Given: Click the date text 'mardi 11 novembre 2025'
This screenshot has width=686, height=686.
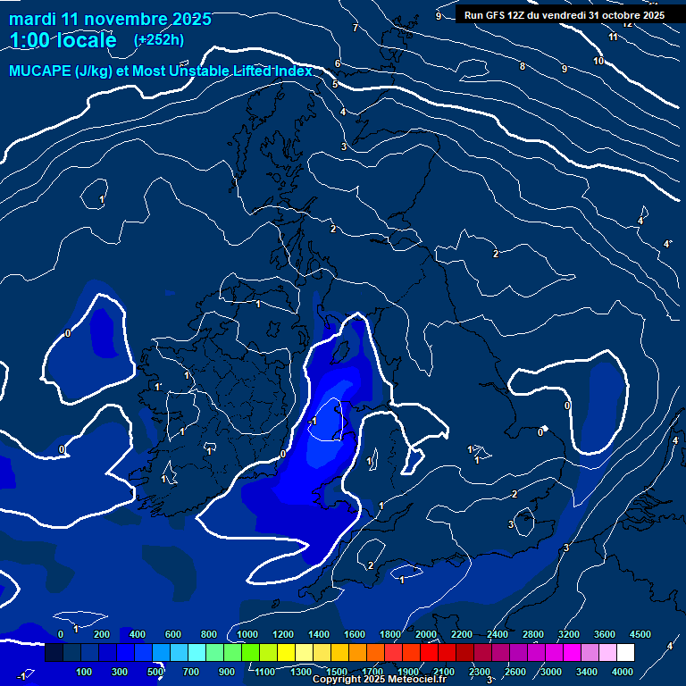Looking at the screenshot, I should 111,19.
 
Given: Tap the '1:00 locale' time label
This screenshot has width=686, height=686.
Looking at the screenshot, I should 63,40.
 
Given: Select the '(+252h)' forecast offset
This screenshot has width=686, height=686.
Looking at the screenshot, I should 159,39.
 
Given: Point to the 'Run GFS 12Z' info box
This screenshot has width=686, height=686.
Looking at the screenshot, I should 564,14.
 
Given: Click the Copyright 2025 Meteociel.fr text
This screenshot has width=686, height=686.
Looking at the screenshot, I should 379,679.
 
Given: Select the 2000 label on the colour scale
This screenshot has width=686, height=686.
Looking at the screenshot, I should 426,634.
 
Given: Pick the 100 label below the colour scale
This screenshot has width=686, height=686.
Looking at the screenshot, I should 85,672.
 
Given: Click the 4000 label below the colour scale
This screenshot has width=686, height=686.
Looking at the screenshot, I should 623,672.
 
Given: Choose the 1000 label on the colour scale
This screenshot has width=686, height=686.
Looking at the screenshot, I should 247,634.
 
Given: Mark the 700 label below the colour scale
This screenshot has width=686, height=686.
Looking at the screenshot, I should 191,672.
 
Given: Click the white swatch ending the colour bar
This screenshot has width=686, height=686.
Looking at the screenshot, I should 625,653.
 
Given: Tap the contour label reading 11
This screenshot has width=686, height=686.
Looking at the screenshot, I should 613,37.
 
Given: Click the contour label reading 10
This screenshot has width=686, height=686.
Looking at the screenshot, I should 598,61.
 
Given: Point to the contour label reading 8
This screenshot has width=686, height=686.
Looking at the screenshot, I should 523,67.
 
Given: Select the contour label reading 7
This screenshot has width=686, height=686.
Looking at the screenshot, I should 356,29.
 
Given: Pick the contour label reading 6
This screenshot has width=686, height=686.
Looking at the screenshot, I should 338,63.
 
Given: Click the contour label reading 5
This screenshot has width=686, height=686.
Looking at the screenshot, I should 335,84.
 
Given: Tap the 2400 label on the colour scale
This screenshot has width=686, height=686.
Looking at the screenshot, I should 498,634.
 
